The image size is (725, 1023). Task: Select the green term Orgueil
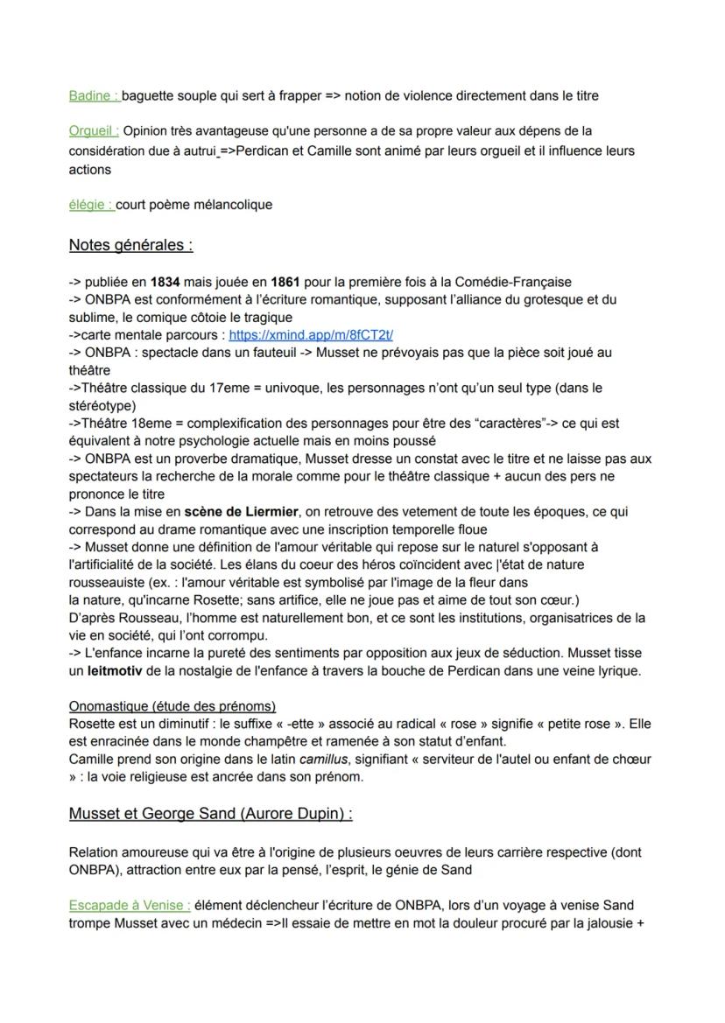(94, 131)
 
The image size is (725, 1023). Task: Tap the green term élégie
(91, 205)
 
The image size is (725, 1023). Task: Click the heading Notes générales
(130, 245)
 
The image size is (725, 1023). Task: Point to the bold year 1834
(165, 282)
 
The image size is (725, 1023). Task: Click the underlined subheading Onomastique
(172, 706)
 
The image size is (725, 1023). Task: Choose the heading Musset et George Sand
(210, 814)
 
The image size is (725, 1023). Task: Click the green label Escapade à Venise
(130, 905)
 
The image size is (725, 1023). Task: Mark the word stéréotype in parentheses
(103, 405)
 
